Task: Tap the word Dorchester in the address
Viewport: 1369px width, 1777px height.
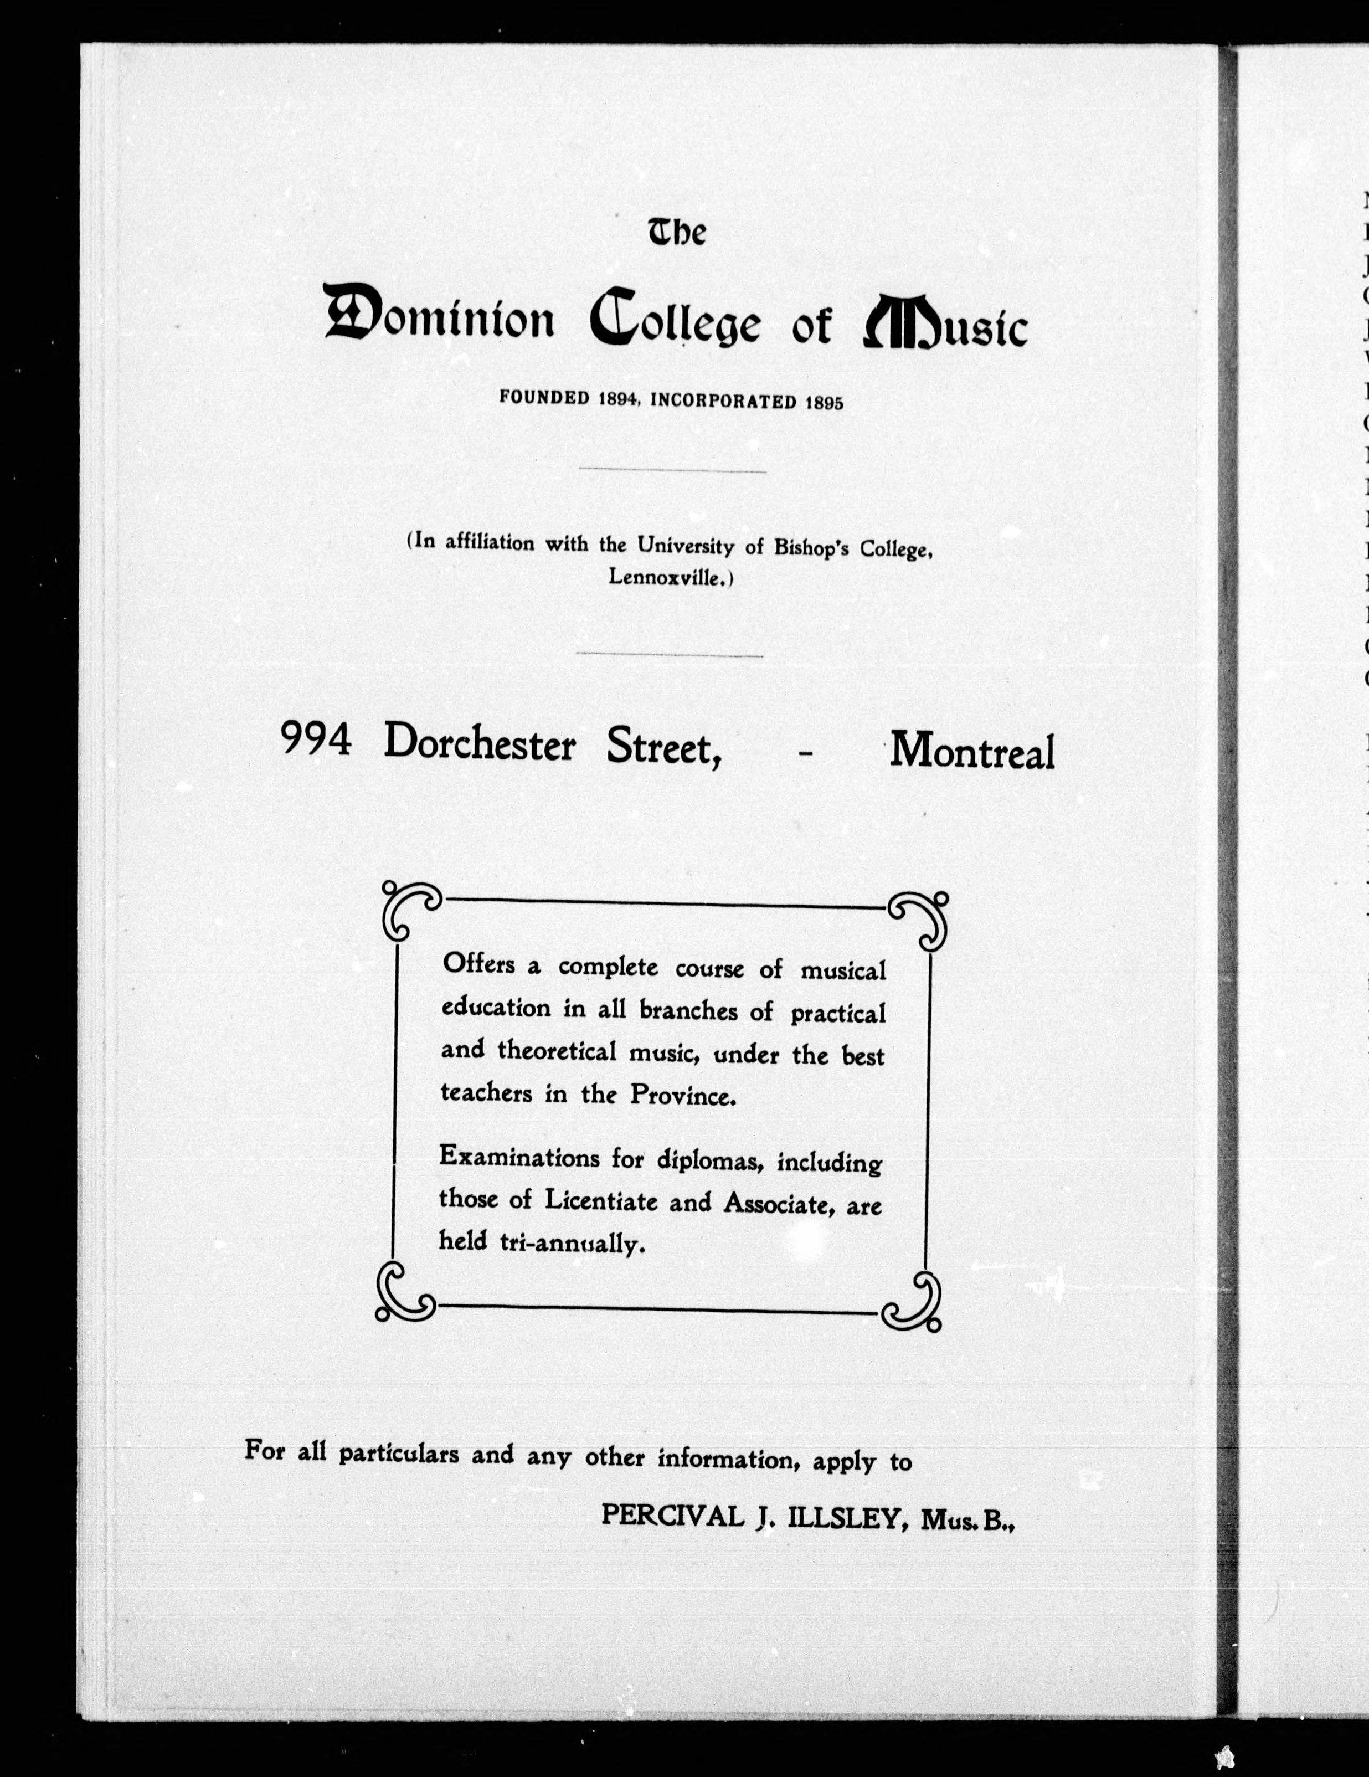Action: pos(480,743)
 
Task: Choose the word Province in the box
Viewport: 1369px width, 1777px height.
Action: pos(682,1096)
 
